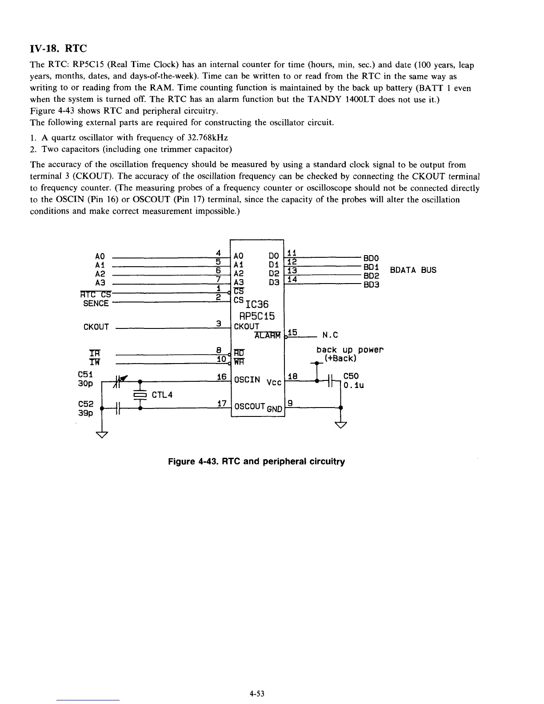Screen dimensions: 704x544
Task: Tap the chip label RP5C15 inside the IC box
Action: point(257,316)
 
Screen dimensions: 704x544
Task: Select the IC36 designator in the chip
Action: point(257,305)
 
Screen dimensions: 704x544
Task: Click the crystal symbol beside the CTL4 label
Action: point(140,395)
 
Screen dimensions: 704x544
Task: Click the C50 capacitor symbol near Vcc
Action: point(330,381)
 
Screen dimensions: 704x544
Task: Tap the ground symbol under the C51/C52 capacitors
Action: point(102,434)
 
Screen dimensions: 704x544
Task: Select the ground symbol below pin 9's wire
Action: point(340,425)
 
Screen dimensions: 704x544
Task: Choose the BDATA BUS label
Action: point(413,270)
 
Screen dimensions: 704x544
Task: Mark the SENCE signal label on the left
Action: point(96,304)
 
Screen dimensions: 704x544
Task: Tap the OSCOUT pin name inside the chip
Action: point(249,406)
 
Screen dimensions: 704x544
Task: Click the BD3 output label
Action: point(371,285)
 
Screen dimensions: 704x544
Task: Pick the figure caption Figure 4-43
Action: point(256,461)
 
